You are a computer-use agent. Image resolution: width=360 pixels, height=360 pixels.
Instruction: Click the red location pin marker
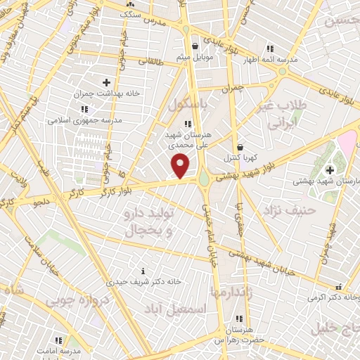tap(181, 167)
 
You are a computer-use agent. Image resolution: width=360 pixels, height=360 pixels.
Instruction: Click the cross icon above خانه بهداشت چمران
tap(106, 82)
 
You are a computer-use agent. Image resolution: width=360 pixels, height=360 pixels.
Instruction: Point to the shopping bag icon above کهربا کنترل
tap(241, 147)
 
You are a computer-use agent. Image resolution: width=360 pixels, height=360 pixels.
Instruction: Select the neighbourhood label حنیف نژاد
tap(290, 210)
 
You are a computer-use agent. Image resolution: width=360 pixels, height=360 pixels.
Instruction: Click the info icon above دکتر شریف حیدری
tap(143, 271)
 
